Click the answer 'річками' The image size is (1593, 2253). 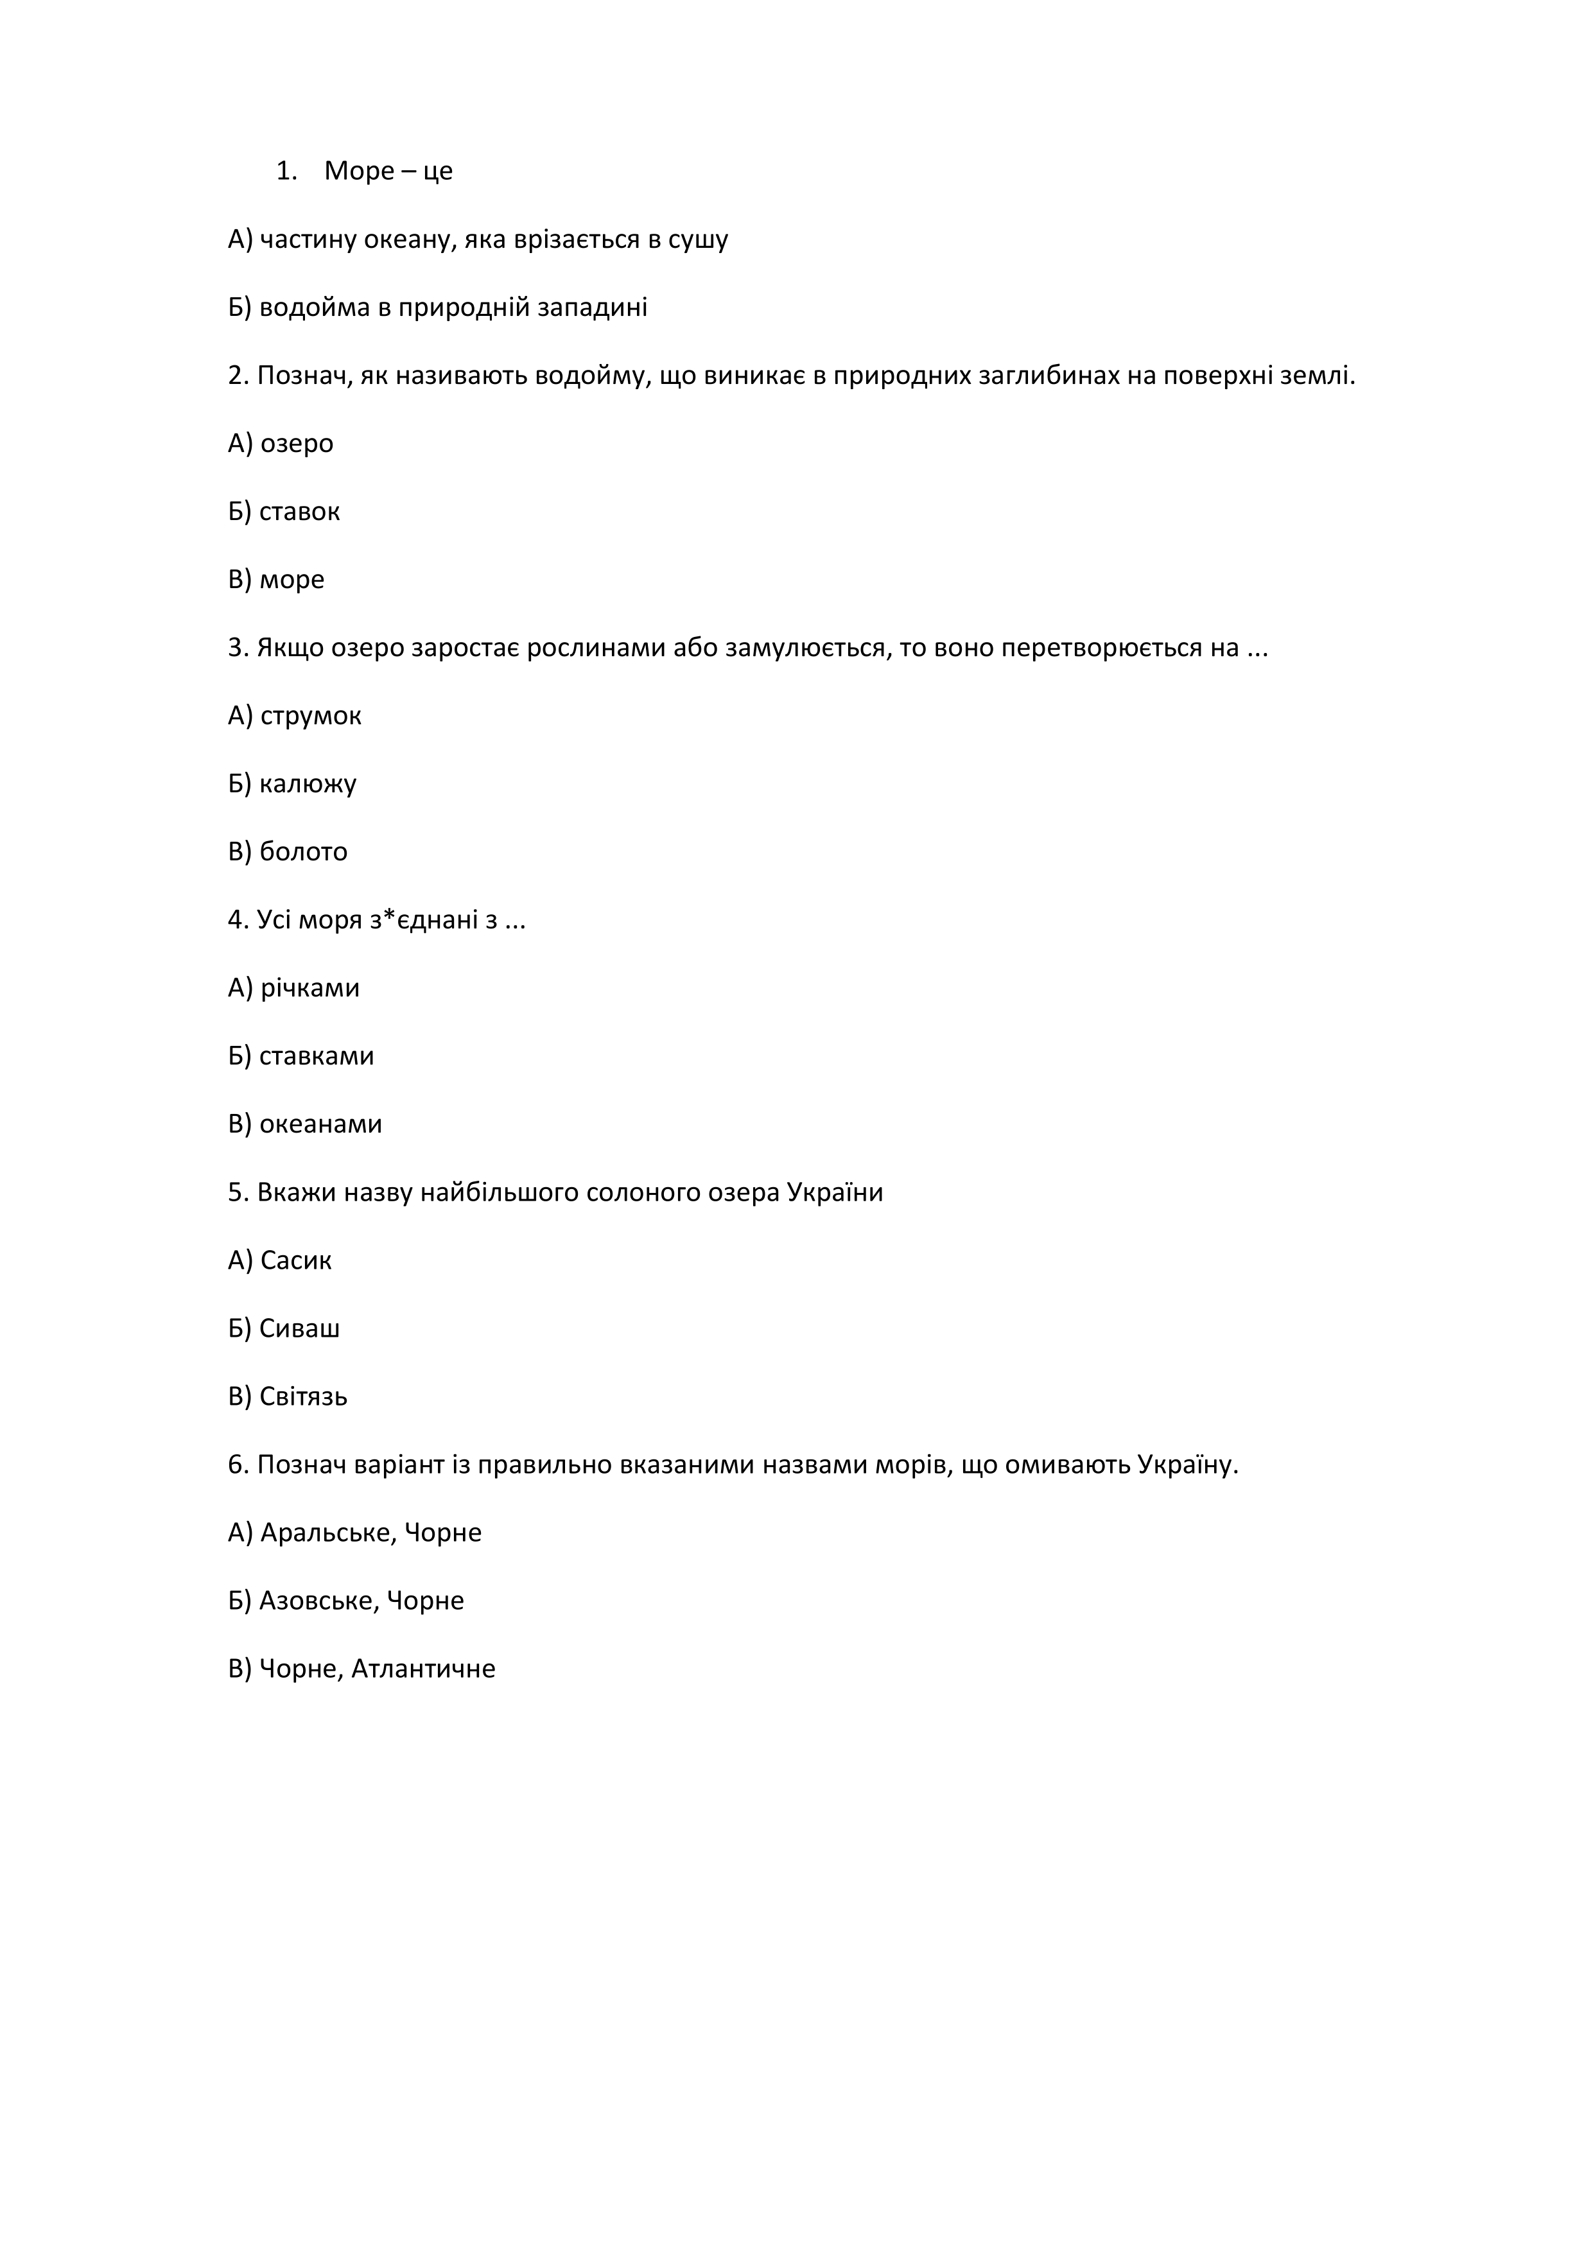(x=310, y=988)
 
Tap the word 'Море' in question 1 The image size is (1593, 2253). (x=359, y=171)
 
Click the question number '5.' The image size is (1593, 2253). (x=238, y=1193)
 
